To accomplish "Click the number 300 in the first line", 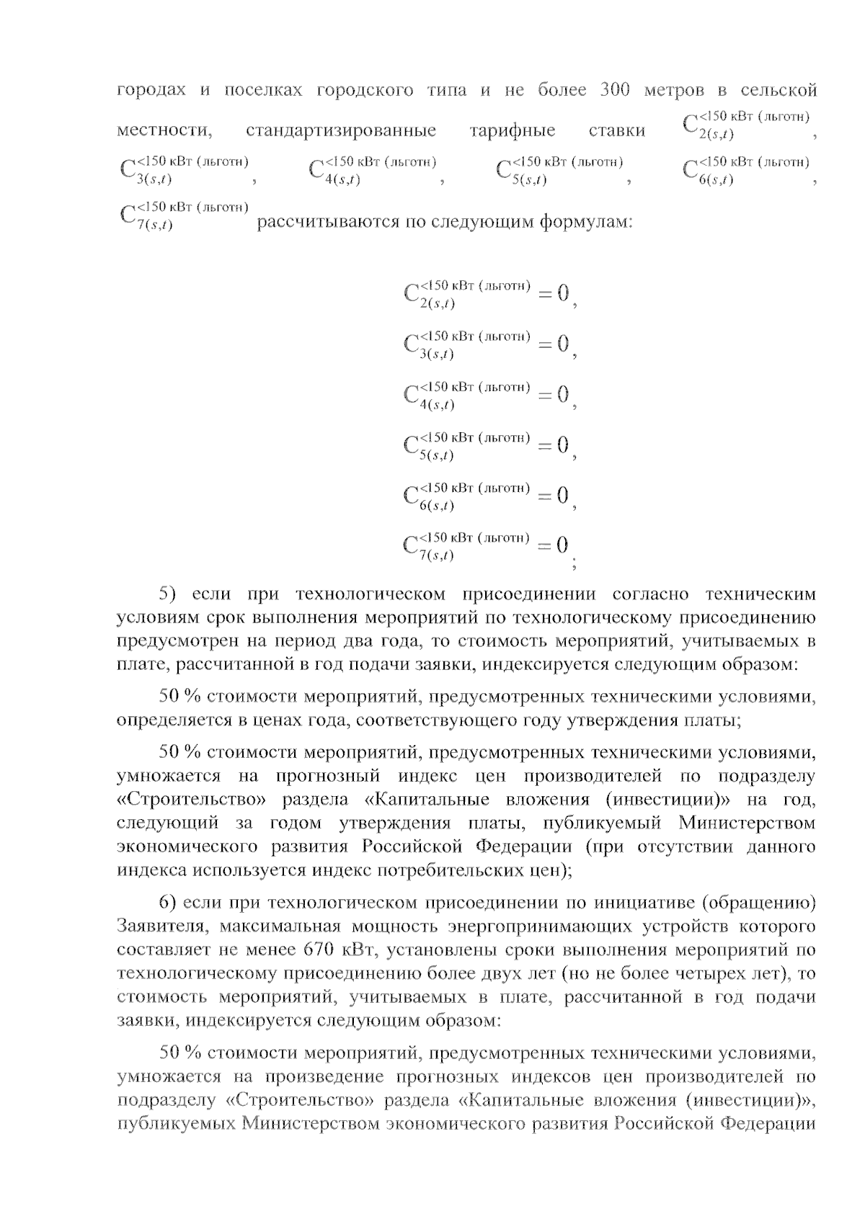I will click(615, 90).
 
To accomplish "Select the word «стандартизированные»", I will click(341, 131).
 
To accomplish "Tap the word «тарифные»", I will click(512, 131).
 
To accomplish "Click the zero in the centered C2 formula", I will click(563, 293).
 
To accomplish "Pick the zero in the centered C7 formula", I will click(562, 545).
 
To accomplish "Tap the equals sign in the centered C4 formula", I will click(545, 395).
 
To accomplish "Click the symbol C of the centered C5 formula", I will click(412, 445).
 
